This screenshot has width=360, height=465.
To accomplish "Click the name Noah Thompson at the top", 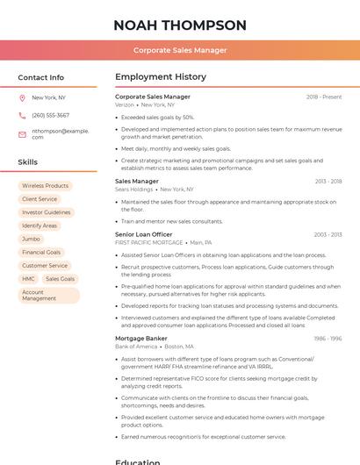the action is coord(180,25).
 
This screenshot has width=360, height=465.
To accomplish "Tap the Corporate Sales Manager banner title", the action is coord(180,50).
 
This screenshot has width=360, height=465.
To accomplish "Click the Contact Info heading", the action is coord(41,77).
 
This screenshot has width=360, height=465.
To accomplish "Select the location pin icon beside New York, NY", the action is coord(22,97).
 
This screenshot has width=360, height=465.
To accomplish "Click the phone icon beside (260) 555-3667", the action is coord(22,115).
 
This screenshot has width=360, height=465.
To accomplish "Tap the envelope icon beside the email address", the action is coord(22,133).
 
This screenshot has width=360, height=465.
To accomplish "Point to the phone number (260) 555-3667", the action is coord(50,115).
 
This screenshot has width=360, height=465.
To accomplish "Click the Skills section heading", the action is coord(28,162).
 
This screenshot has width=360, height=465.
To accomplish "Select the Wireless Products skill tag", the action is coord(45,186).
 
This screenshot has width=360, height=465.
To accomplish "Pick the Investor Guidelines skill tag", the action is coord(47,212).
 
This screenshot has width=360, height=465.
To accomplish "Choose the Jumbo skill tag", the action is coord(31,239).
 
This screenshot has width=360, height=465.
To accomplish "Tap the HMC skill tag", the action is coord(29,279).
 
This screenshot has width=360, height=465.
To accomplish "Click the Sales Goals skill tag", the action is coord(61,279).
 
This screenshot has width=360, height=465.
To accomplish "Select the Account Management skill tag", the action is coord(47,296).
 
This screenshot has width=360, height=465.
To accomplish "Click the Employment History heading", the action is coord(161,77).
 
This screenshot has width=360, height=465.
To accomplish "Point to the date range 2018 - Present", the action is coord(324,97).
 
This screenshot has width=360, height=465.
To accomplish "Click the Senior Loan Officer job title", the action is coord(144,234).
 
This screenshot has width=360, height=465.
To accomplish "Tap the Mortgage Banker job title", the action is coord(140,338).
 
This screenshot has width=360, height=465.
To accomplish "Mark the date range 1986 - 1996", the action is coord(328,338).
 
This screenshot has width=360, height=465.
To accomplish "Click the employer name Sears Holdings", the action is coord(133,189).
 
